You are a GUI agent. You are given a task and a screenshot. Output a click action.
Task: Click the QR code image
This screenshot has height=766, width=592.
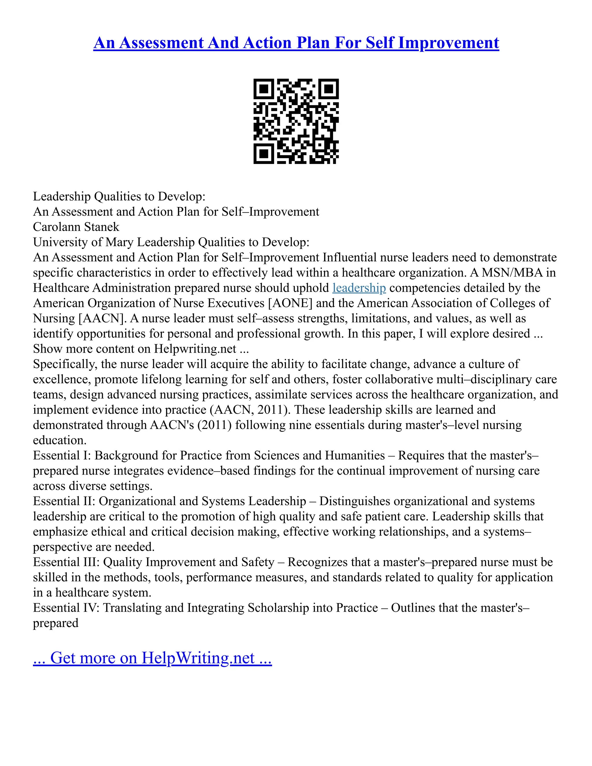tap(296, 121)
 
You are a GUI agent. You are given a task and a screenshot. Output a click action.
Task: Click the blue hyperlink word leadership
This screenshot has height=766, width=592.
tap(359, 288)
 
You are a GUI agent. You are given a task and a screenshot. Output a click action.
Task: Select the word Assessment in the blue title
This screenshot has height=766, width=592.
tap(161, 43)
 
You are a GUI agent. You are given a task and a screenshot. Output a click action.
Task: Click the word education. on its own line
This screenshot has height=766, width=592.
tap(60, 440)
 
